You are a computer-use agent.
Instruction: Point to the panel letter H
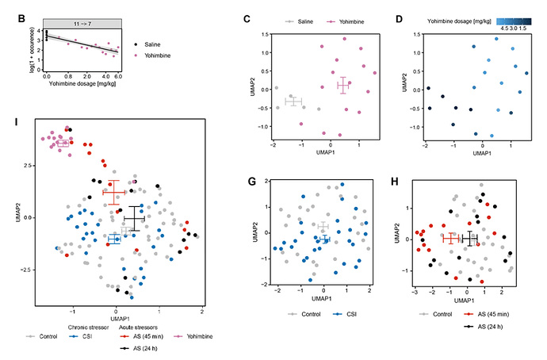[x=404, y=182]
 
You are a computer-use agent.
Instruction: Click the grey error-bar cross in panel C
[x=294, y=101]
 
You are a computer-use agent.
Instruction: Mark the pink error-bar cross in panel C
[x=343, y=85]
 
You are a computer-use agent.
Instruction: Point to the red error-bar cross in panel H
[x=452, y=239]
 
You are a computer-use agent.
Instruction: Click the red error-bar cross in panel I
[x=114, y=193]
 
